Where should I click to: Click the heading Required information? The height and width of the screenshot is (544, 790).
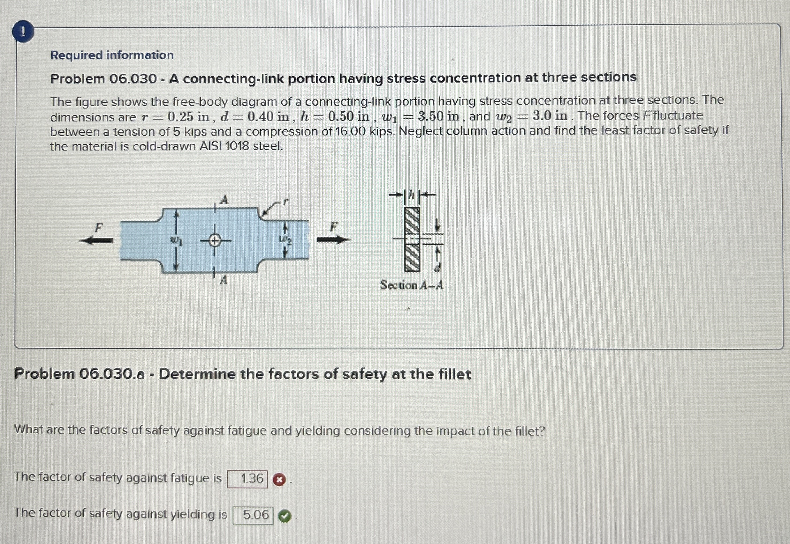pos(112,55)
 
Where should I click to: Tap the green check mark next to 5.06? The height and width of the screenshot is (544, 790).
pos(285,517)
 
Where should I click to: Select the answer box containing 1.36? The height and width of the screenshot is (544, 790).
pos(247,479)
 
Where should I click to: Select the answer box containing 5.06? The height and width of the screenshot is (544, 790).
pos(253,515)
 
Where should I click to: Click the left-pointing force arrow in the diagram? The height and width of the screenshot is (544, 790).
pos(96,240)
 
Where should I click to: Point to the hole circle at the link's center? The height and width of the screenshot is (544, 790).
pos(214,241)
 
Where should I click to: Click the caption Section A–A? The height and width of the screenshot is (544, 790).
pos(412,285)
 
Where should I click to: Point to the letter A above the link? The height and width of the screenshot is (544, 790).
pos(224,200)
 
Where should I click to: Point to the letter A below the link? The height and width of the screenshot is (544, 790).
pos(224,280)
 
